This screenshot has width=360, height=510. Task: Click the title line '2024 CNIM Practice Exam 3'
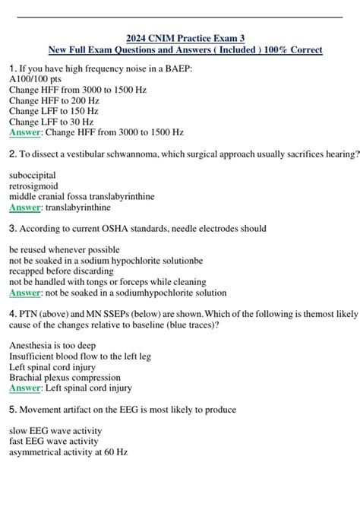click(x=185, y=38)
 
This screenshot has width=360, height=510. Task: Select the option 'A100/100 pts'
click(x=34, y=79)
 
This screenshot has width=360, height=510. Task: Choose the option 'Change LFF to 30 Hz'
click(x=51, y=122)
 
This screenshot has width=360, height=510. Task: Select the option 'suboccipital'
click(x=32, y=175)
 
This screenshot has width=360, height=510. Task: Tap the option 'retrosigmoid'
click(x=32, y=185)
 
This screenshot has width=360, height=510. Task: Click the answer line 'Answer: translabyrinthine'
click(x=59, y=207)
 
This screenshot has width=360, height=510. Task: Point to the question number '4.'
click(x=13, y=313)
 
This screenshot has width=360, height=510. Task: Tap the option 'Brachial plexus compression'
click(x=64, y=377)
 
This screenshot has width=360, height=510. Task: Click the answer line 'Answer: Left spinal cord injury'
click(x=71, y=388)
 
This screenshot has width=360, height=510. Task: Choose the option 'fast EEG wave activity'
click(x=55, y=441)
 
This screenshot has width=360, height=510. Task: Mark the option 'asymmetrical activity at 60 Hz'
click(x=68, y=451)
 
